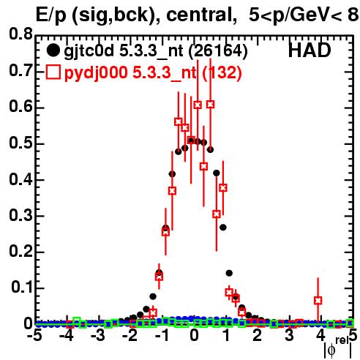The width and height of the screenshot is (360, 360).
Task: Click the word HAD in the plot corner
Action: tap(310, 50)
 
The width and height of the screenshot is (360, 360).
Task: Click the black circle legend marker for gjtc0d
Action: tap(53, 50)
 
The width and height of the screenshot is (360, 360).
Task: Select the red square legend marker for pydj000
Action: tap(53, 72)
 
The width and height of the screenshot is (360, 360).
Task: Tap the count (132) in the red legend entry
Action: tap(222, 72)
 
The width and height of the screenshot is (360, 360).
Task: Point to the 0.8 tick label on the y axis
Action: tap(20, 34)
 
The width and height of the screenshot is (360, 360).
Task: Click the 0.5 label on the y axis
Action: tap(20, 143)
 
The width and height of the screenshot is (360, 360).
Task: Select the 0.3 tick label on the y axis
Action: tap(20, 215)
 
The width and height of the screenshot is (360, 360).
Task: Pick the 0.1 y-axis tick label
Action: tap(22, 288)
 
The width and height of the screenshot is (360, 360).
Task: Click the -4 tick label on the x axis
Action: tap(67, 336)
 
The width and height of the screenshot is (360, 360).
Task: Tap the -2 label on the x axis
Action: tap(130, 336)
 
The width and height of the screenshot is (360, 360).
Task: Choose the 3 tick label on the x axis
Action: tap(289, 336)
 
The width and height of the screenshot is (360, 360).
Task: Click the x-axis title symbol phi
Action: tap(331, 350)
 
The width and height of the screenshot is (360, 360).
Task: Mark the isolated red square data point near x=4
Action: tap(318, 300)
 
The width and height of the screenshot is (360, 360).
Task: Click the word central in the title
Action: tap(199, 15)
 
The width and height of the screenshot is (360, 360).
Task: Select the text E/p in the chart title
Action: tap(50, 16)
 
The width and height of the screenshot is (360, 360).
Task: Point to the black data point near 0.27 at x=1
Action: tap(223, 228)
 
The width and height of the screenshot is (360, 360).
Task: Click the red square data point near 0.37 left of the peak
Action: tap(172, 191)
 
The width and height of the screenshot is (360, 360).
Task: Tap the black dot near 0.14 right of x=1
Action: tap(229, 273)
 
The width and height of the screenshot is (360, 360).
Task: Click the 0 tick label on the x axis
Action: tap(194, 336)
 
